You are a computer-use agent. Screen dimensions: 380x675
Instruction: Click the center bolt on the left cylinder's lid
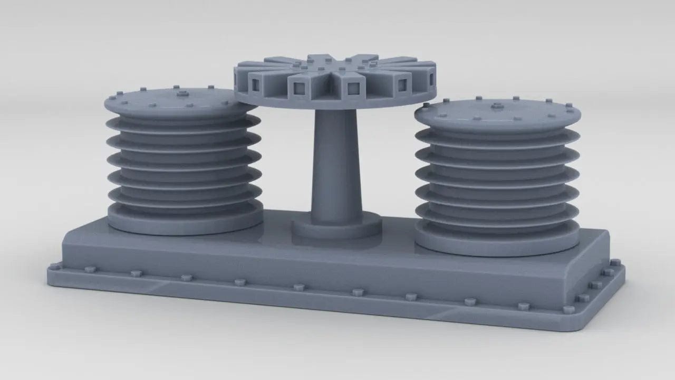click(x=183, y=94)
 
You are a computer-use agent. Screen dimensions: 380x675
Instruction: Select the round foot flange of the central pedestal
click(x=336, y=228)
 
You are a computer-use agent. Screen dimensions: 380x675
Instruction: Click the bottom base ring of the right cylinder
click(x=496, y=244)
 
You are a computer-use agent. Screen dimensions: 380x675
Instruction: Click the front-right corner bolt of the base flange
click(x=568, y=310)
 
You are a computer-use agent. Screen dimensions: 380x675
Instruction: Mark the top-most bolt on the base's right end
click(x=615, y=262)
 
